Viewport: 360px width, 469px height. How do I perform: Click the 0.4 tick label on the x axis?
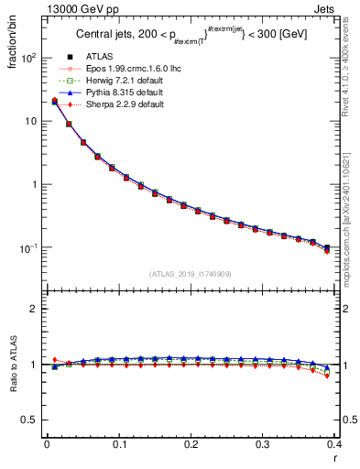tap(335, 444)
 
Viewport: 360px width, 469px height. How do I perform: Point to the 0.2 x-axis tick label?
tap(191, 444)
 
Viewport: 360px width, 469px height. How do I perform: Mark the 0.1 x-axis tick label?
tap(119, 444)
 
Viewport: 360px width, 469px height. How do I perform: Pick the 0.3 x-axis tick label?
tap(263, 444)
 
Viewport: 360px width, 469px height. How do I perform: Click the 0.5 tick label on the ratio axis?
tap(32, 420)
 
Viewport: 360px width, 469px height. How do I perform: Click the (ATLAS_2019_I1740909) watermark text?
tap(191, 274)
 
